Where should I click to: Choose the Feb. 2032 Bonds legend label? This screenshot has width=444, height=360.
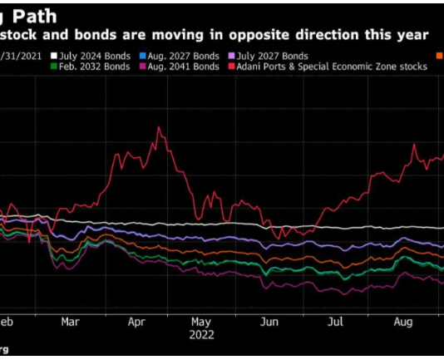tap(93, 67)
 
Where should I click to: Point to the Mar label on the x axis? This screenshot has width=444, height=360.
tap(70, 320)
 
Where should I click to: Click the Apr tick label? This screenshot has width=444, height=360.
tap(136, 320)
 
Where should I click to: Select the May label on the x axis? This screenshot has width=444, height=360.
tap(201, 320)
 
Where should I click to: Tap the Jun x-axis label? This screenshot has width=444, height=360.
tap(268, 320)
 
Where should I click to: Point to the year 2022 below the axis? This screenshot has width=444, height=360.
tap(201, 334)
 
